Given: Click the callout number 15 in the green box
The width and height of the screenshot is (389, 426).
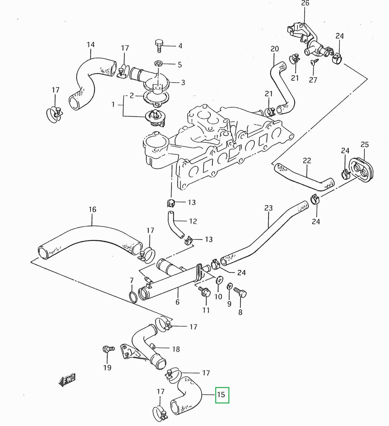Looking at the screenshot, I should (221, 394).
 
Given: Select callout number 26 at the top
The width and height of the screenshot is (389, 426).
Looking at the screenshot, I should (305, 4).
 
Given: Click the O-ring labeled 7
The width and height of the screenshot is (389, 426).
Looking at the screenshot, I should (133, 297).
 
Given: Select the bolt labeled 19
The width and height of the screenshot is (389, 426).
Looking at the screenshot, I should (107, 349).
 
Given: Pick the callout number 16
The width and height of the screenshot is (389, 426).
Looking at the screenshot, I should (92, 209).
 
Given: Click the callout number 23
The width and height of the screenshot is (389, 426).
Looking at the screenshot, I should (269, 208).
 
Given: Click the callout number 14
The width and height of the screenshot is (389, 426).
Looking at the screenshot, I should (91, 44).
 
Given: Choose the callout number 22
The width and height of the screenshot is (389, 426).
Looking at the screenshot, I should (307, 161).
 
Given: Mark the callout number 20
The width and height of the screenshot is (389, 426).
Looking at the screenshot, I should (275, 49).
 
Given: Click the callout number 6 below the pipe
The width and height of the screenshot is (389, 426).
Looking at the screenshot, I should (177, 302).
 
